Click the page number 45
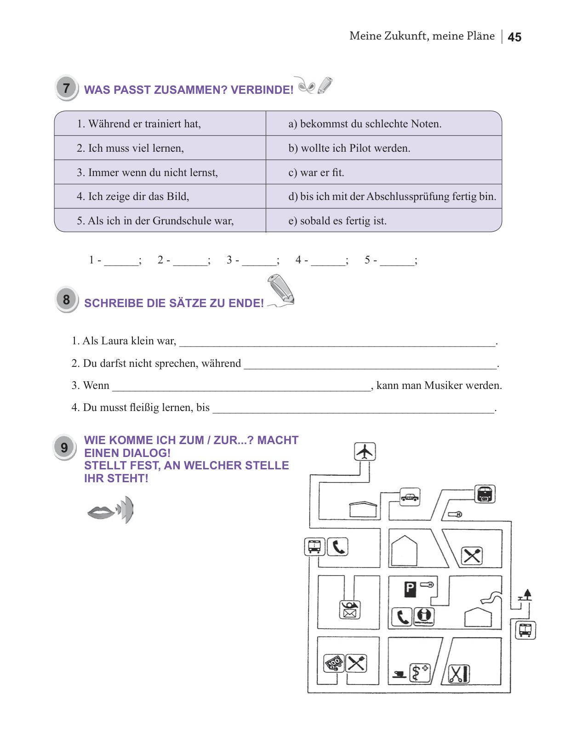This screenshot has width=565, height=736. point(514,37)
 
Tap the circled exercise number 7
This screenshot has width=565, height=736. point(66,88)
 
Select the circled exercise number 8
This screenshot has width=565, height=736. point(66,300)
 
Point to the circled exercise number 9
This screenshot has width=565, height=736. point(64,447)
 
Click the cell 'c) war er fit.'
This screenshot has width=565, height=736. point(383,172)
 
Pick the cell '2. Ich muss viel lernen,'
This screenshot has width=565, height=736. point(160,148)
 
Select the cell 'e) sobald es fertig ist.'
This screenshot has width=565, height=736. point(383,221)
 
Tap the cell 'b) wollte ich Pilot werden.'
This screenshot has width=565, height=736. point(383,148)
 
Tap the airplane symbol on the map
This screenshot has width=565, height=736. point(365,451)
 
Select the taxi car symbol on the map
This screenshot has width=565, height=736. point(409,497)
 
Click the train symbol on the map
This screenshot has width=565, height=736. point(485,494)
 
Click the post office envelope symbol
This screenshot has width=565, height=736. point(350,610)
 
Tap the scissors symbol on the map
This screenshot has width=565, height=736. point(458,674)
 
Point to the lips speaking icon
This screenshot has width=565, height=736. point(110,510)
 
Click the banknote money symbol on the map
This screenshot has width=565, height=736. point(334,663)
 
